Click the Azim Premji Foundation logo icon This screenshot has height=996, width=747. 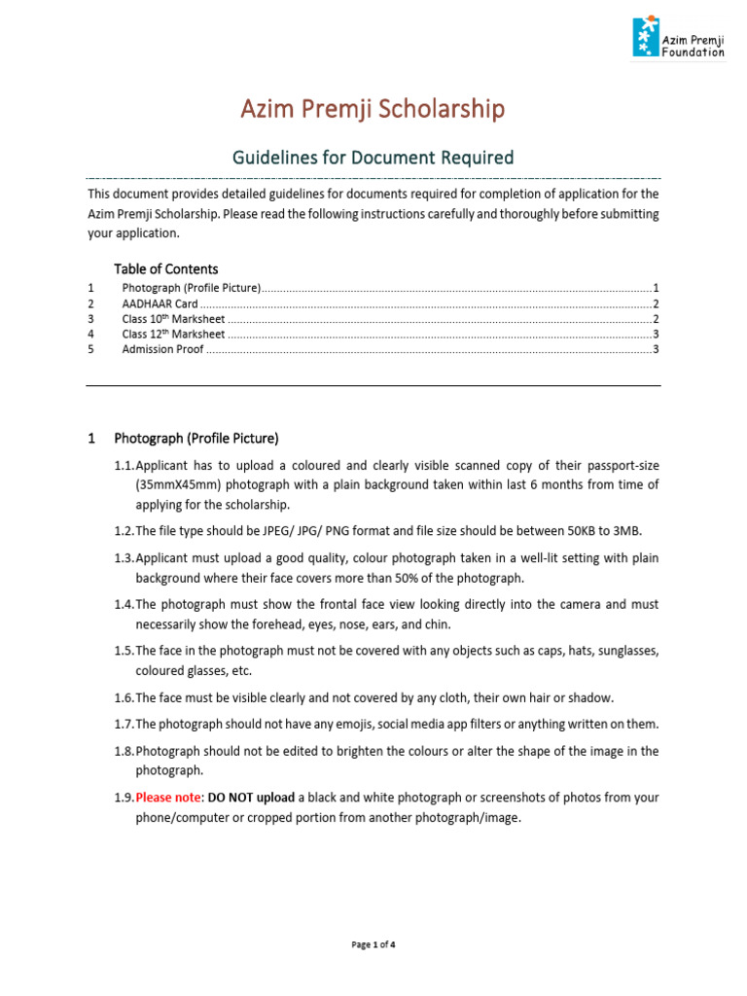click(644, 37)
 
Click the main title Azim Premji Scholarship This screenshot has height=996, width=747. click(373, 110)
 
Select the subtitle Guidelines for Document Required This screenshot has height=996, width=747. click(373, 158)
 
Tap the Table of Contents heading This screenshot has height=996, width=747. click(165, 268)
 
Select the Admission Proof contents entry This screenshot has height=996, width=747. click(162, 349)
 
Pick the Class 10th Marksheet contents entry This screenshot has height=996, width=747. click(173, 318)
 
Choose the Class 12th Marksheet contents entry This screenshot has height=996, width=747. click(173, 334)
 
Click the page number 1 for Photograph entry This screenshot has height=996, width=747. click(657, 288)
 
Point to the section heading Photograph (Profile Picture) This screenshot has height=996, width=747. click(196, 439)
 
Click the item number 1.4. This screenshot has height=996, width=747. click(124, 604)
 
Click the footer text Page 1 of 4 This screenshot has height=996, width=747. click(373, 944)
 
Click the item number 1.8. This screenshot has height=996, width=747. click(124, 751)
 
